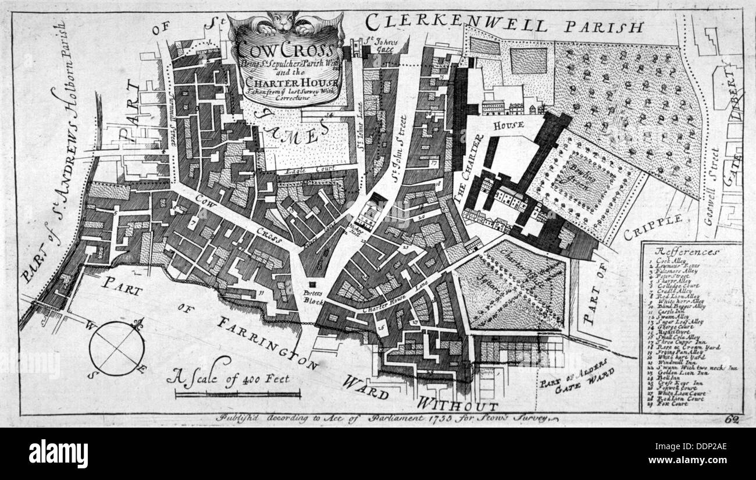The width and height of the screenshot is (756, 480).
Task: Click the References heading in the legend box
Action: coord(687,251)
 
